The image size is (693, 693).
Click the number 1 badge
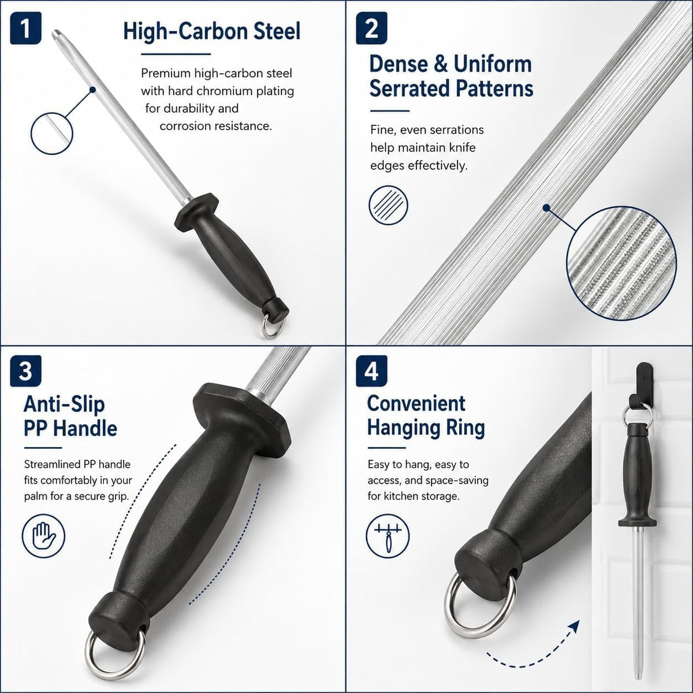(x=25, y=28)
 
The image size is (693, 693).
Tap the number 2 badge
(x=371, y=28)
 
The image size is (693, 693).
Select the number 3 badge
(x=25, y=371)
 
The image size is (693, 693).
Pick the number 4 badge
(x=371, y=371)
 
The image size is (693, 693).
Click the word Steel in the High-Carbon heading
(x=277, y=31)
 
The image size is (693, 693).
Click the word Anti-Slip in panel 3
(x=64, y=404)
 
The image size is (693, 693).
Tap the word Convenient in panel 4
(x=416, y=403)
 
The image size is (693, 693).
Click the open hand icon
(x=43, y=536)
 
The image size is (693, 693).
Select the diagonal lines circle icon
(x=389, y=206)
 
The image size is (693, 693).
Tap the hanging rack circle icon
(x=388, y=536)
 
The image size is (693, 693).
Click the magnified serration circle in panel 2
(x=621, y=263)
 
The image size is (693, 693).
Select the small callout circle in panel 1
(x=52, y=133)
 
